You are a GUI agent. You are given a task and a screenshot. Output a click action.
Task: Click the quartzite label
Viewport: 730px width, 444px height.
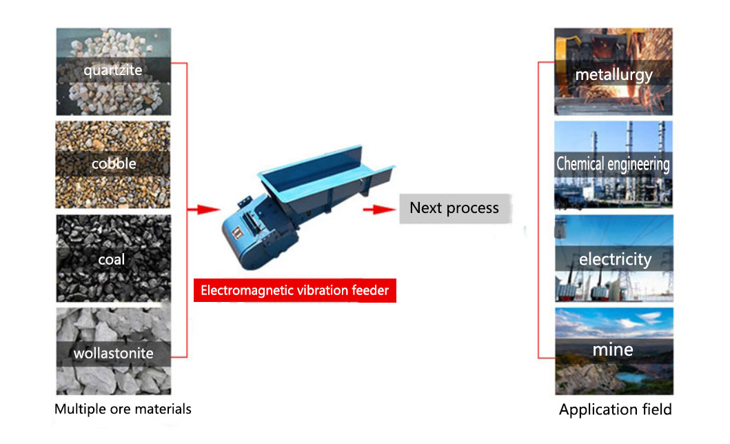click(113, 70)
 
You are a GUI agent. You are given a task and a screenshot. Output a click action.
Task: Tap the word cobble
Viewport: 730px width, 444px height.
click(114, 163)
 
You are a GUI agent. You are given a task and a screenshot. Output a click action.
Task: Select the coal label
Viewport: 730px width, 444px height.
click(111, 259)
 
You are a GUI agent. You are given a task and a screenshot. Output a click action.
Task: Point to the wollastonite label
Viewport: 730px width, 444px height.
click(113, 353)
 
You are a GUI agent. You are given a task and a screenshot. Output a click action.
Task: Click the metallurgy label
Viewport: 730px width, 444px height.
click(614, 74)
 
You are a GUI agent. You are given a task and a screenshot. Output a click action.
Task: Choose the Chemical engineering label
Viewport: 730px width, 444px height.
click(613, 164)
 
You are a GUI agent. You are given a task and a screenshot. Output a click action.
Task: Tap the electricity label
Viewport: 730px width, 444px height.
click(615, 259)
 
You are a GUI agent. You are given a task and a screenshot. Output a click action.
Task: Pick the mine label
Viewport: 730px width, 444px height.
click(613, 350)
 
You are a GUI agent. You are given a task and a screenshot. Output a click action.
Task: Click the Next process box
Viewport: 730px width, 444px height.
click(455, 208)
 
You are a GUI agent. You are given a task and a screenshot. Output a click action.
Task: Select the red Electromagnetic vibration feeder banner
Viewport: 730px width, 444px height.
click(295, 290)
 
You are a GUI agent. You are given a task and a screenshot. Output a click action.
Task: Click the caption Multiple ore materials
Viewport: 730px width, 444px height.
click(123, 409)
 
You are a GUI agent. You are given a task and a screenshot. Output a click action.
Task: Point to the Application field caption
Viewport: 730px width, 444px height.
click(615, 410)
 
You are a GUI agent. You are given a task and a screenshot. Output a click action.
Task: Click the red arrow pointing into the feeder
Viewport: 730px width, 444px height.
click(203, 210)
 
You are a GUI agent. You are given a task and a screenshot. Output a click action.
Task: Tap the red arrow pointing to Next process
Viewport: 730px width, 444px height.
click(379, 210)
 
